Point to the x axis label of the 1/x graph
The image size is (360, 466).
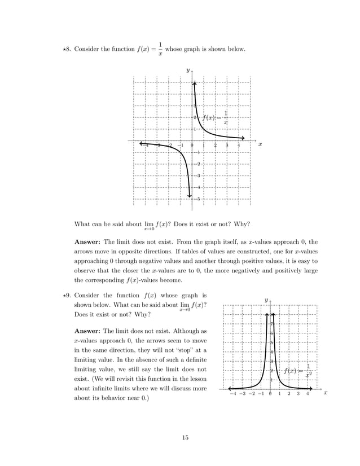point(260,144)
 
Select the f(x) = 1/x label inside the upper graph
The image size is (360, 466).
point(216,117)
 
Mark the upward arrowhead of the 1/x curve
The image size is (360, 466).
point(195,84)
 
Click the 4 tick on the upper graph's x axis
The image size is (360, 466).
point(239,146)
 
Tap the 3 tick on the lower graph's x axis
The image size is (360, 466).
point(298,394)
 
